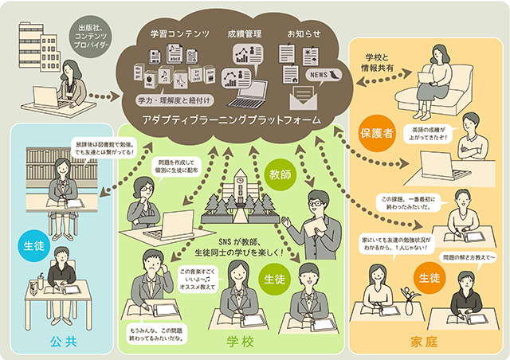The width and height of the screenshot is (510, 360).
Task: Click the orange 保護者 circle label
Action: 378,135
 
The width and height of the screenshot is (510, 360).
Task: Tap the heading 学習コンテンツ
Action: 179,34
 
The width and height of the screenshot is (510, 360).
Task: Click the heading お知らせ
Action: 304,34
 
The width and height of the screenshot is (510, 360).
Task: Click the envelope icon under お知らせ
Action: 304,100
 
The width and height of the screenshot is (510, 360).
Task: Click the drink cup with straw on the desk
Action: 36,285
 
